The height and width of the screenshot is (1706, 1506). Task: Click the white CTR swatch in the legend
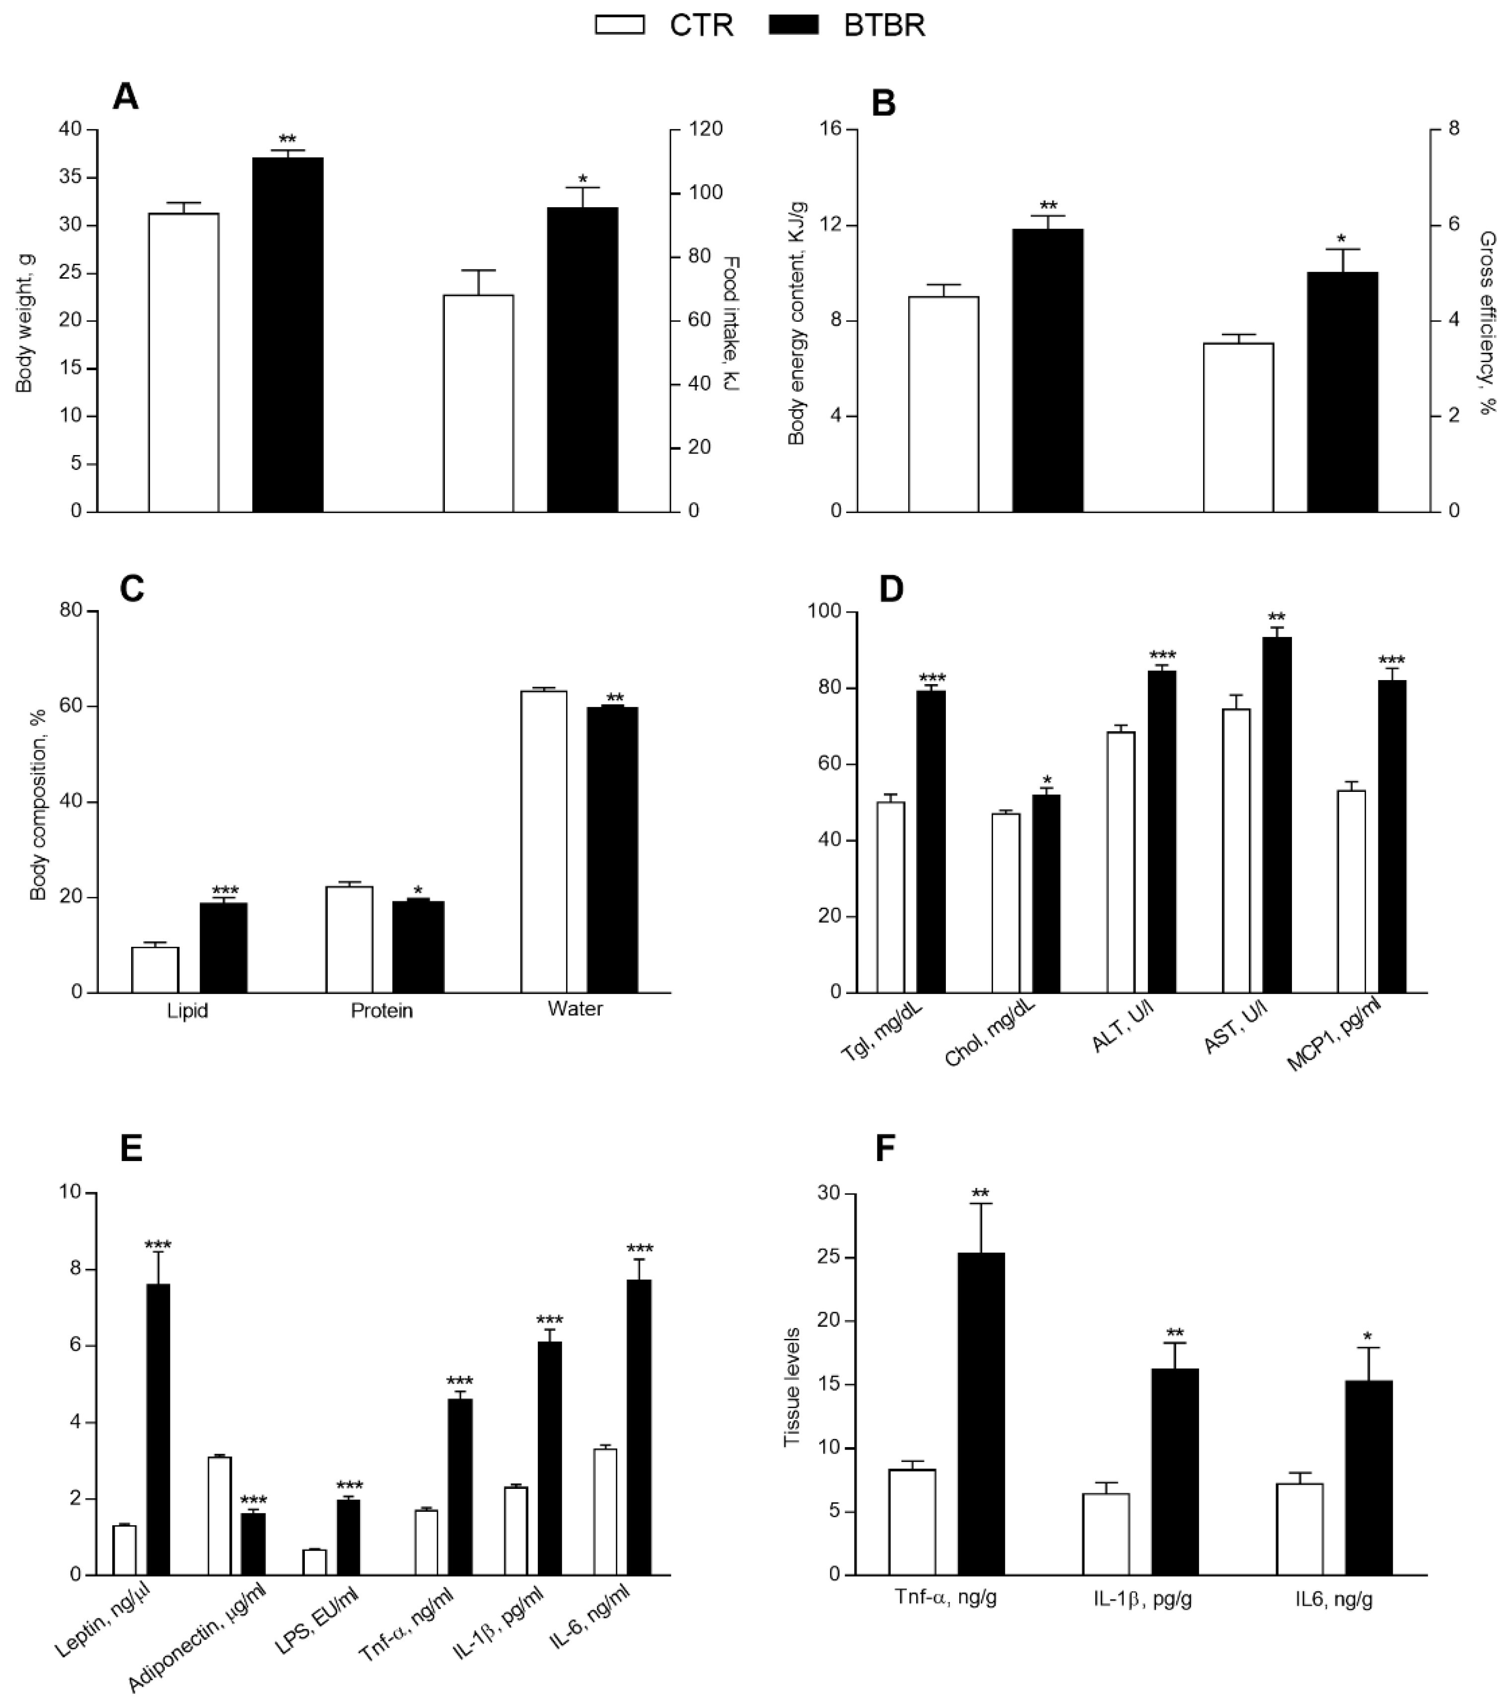point(620,25)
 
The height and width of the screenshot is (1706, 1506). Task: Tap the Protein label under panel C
point(381,1011)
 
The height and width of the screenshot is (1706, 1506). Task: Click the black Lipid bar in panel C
point(223,947)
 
